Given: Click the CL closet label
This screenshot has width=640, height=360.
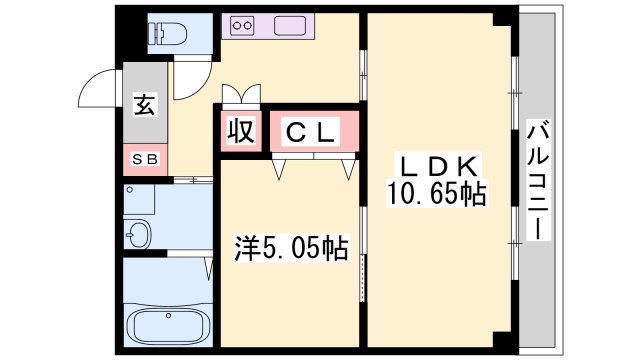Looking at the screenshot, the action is (x=313, y=131).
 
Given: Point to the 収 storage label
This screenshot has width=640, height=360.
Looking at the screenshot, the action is (x=241, y=131).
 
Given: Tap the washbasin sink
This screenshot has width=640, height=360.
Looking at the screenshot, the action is (x=139, y=237).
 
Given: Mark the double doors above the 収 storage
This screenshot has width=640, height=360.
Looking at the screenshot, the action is (x=241, y=95).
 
